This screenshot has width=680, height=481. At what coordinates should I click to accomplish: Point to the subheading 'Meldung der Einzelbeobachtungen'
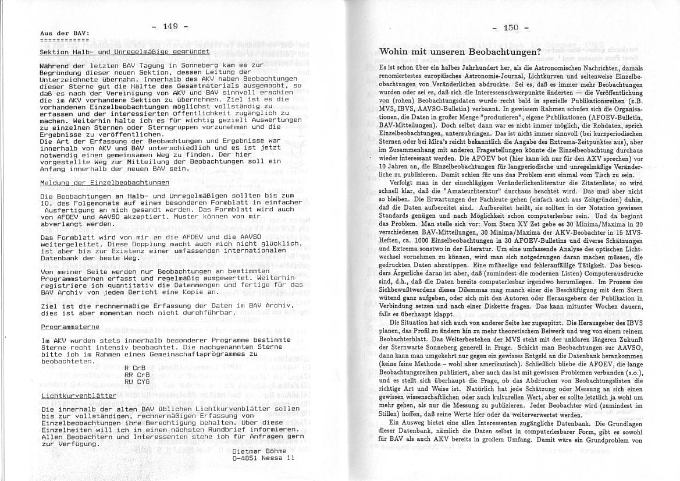(x=105, y=182)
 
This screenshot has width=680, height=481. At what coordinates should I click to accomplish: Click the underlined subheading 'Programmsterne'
(x=62, y=327)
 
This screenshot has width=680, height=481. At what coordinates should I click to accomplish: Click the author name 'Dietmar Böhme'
(x=259, y=451)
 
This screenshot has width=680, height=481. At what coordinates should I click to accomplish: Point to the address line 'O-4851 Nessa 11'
(x=264, y=458)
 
